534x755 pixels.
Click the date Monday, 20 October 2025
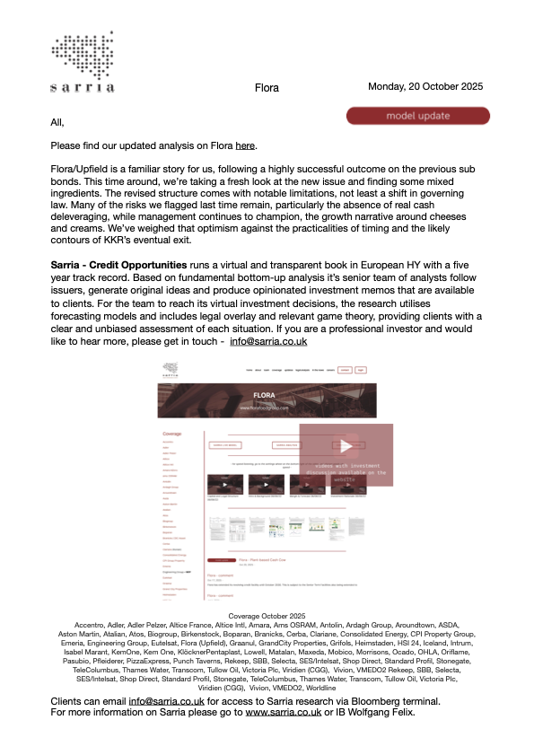click(425, 86)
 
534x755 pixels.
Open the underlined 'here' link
click(246, 145)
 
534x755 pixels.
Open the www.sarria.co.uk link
click(283, 737)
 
